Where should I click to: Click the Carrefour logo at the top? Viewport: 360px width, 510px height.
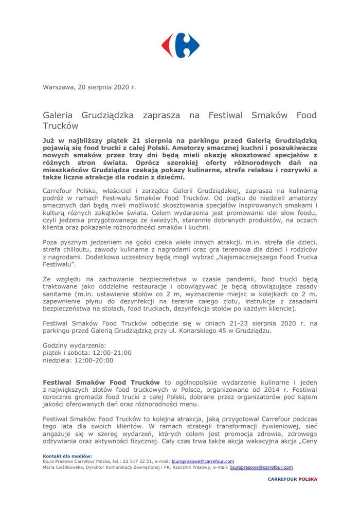tap(180, 45)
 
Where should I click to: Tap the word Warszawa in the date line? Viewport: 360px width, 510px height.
tap(59, 87)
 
